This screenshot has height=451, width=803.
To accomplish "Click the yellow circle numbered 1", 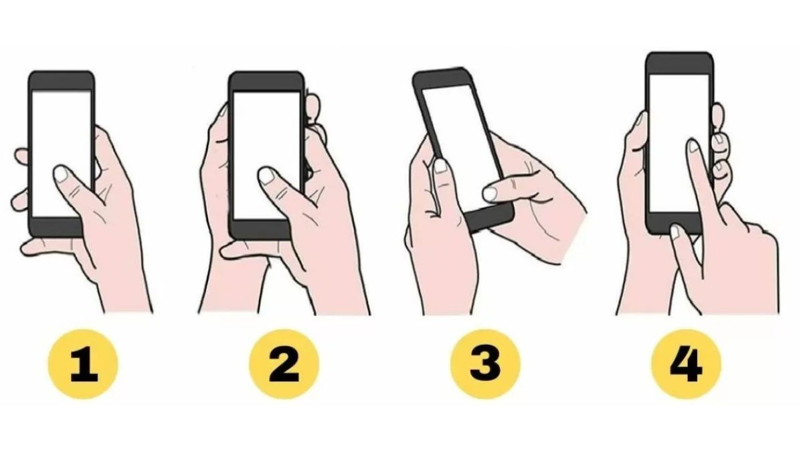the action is coord(83,364).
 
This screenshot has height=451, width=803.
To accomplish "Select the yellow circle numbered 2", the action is coord(284,364).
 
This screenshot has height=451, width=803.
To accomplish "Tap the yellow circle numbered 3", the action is coord(485,364).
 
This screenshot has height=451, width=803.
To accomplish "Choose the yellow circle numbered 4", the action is coord(686,364).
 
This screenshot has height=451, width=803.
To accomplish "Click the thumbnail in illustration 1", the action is coord(62,174).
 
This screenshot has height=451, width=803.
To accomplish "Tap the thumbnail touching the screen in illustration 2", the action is coord(266,175).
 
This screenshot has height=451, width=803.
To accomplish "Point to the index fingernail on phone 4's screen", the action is coord(694,146).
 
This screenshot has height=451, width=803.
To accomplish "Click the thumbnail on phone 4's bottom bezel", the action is coord(675,232).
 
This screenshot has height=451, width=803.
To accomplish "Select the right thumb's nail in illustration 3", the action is coord(490,194).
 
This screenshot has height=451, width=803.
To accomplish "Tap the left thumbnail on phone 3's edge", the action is coord(440,166).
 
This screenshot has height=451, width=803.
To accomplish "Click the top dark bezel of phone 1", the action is coord(62,81).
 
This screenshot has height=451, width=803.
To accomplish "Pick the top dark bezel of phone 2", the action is coord(266,82).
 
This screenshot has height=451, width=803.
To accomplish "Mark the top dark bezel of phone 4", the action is coord(680,63).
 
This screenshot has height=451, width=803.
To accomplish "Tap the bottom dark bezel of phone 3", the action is coord(490,218).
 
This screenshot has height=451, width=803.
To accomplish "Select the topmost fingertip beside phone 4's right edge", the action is coord(717,117).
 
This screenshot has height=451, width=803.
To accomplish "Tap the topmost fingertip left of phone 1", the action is coord(21,155).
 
